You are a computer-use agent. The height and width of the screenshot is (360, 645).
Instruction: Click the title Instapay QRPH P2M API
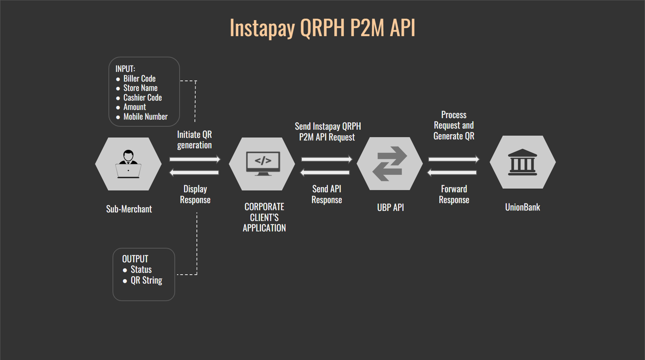click(x=322, y=28)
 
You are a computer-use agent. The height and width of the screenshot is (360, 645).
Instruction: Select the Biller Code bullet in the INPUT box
click(x=139, y=79)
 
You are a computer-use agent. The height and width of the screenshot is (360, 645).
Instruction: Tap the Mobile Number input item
click(x=145, y=117)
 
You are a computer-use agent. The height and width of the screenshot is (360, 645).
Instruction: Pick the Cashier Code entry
click(x=142, y=98)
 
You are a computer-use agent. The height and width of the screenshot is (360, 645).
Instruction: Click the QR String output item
click(x=146, y=280)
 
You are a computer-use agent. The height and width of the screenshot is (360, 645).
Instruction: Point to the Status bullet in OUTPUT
click(x=141, y=269)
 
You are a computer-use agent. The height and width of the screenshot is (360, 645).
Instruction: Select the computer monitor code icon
click(x=263, y=163)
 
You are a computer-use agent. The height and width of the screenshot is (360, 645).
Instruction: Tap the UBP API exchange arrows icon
click(x=389, y=164)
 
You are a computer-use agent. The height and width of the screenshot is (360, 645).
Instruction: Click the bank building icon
click(x=522, y=162)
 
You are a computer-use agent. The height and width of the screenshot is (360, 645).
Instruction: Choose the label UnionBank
click(x=522, y=207)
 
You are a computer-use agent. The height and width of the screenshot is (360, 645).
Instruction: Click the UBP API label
click(x=390, y=208)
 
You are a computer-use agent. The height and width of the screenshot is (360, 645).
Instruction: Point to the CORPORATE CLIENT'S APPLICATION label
click(x=264, y=217)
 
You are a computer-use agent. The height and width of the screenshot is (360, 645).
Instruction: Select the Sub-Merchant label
click(x=129, y=209)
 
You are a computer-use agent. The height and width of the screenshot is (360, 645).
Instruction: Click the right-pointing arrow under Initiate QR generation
click(x=195, y=159)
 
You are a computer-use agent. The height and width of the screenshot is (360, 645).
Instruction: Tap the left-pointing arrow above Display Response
click(x=194, y=172)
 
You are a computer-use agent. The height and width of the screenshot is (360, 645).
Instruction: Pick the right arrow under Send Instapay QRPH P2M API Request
click(x=326, y=159)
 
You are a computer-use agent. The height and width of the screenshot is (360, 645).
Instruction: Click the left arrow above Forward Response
click(x=452, y=172)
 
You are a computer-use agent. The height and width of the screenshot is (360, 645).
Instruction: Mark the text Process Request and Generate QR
click(x=454, y=126)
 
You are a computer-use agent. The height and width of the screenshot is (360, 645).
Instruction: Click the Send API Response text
click(x=327, y=194)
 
